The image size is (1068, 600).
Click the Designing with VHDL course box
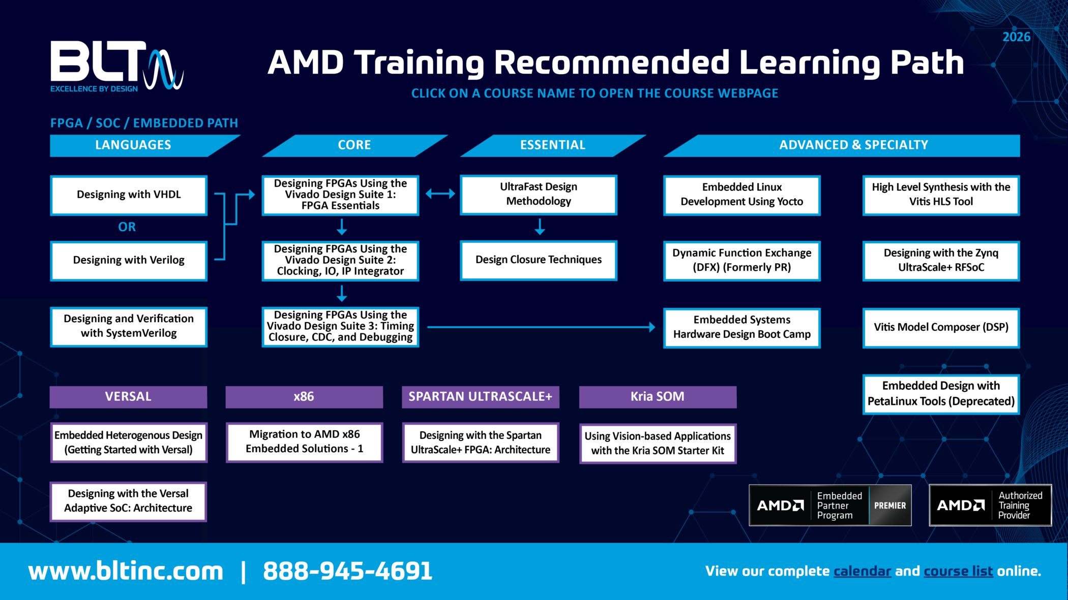pyautogui.click(x=129, y=195)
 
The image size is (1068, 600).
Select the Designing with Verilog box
pyautogui.click(x=129, y=261)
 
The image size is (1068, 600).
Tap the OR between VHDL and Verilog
pyautogui.click(x=127, y=227)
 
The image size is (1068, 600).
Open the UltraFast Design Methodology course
pyautogui.click(x=539, y=195)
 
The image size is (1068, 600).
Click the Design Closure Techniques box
pyautogui.click(x=539, y=260)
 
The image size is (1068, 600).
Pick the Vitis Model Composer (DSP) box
pyautogui.click(x=941, y=328)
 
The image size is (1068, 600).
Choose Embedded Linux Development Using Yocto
pyautogui.click(x=742, y=195)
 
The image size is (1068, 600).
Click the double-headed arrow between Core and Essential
pyautogui.click(x=440, y=194)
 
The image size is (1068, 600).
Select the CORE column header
pyautogui.click(x=354, y=145)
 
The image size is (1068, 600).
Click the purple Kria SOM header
pyautogui.click(x=658, y=397)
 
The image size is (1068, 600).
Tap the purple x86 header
pyautogui.click(x=304, y=397)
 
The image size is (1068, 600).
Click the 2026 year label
pyautogui.click(x=1016, y=37)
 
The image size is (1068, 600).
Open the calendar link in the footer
pyautogui.click(x=862, y=572)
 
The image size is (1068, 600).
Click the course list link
pyautogui.click(x=958, y=572)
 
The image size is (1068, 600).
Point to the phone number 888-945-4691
pyautogui.click(x=347, y=571)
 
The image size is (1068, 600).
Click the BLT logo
pyautogui.click(x=117, y=66)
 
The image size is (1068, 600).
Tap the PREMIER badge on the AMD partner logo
pyautogui.click(x=890, y=506)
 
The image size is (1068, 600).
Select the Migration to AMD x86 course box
pyautogui.click(x=304, y=442)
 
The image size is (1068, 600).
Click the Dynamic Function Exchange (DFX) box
pyautogui.click(x=742, y=261)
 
